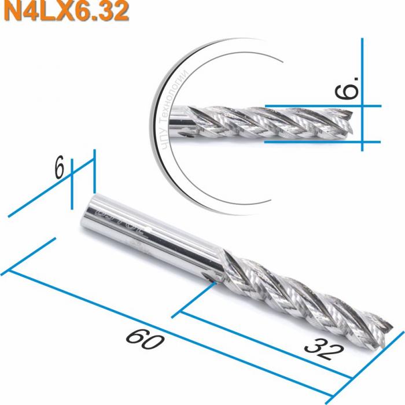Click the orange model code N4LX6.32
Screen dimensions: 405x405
65,12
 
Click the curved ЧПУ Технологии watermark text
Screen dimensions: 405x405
168,110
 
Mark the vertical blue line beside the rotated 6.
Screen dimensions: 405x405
362,93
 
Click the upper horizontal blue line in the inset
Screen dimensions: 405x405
324,106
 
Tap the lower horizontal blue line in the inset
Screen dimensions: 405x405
324,141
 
